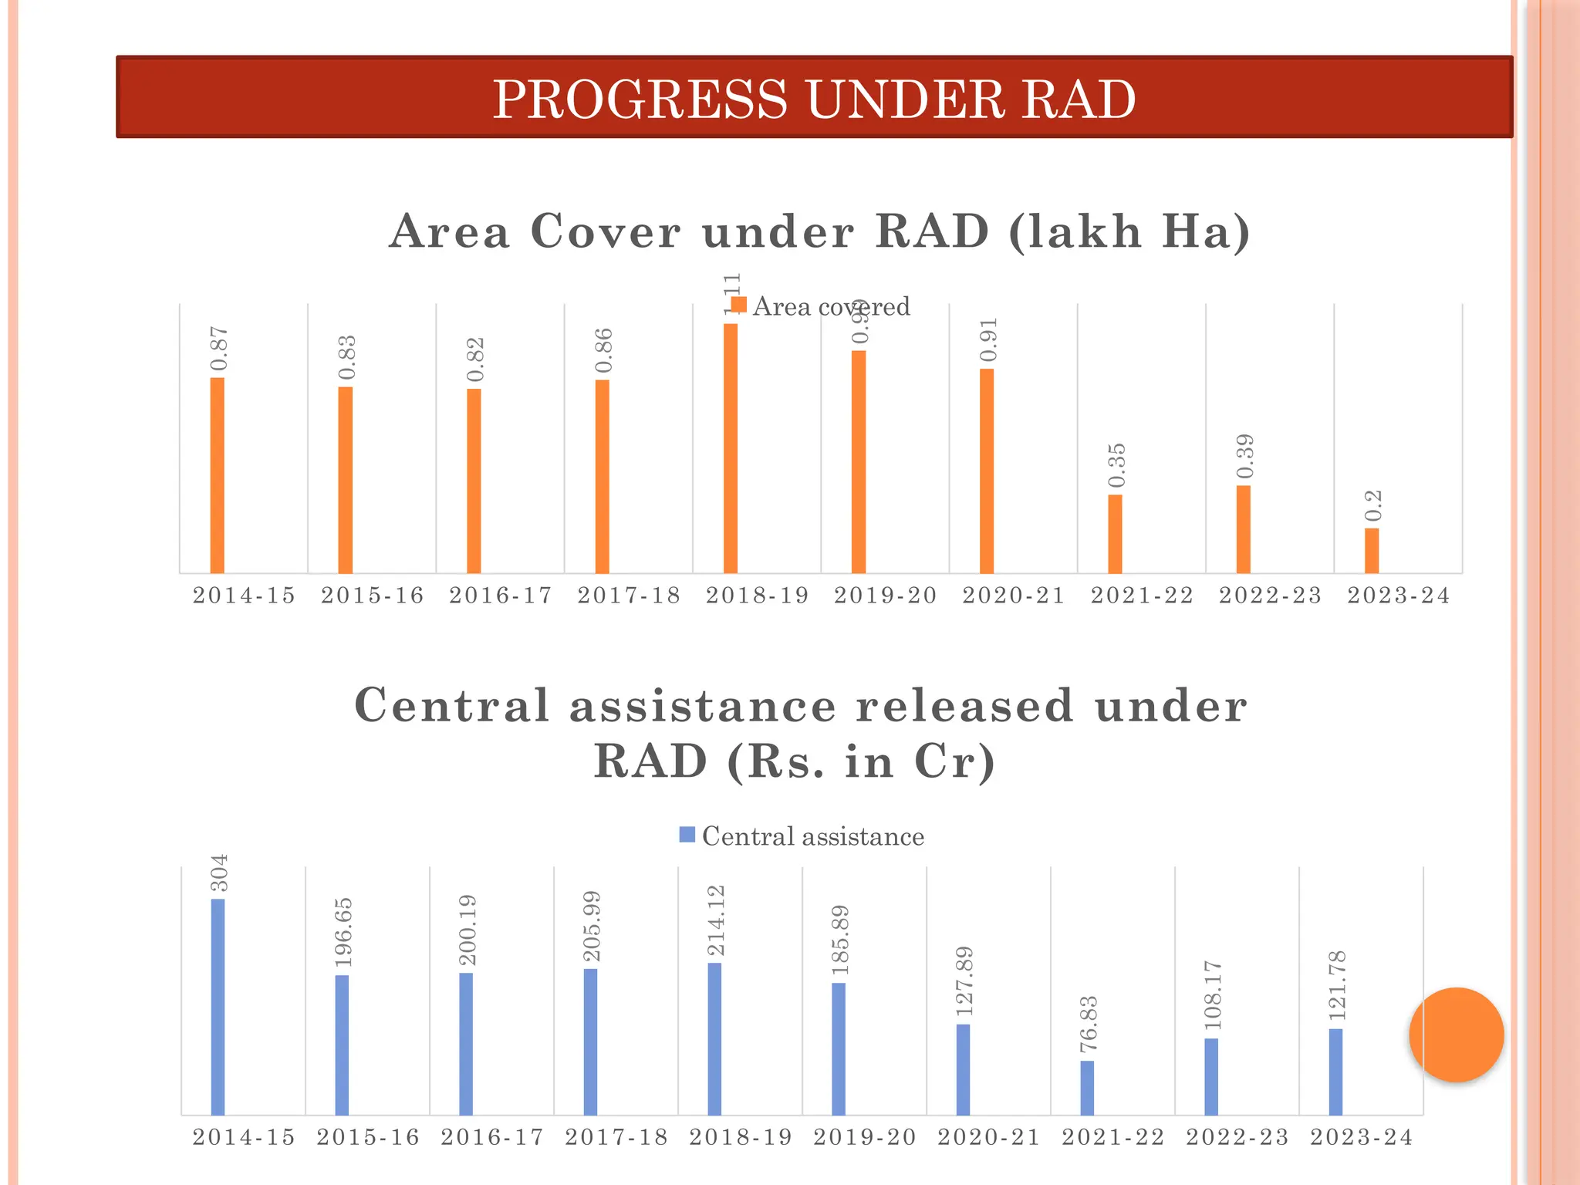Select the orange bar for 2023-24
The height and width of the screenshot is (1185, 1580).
(1371, 550)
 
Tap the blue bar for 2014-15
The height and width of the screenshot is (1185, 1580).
(218, 1007)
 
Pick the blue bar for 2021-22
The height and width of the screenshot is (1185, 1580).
(1087, 1088)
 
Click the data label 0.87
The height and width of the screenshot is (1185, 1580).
(219, 349)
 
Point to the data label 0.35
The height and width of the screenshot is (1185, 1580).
(1116, 465)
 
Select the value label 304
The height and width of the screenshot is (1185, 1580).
(220, 873)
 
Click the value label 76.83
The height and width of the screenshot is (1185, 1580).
(1089, 1025)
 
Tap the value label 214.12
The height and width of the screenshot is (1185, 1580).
(716, 921)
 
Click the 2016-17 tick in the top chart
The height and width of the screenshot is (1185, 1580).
(501, 596)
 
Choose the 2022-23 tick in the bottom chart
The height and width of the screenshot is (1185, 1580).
(1237, 1137)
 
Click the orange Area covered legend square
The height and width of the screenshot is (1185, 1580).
(738, 305)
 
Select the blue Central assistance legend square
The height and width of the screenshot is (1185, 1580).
(687, 835)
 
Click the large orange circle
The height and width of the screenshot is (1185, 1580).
(1456, 1035)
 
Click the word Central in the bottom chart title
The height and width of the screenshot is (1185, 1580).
(451, 705)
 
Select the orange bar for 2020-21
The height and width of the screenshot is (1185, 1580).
(987, 471)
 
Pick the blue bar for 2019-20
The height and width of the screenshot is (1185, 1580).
(839, 1048)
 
